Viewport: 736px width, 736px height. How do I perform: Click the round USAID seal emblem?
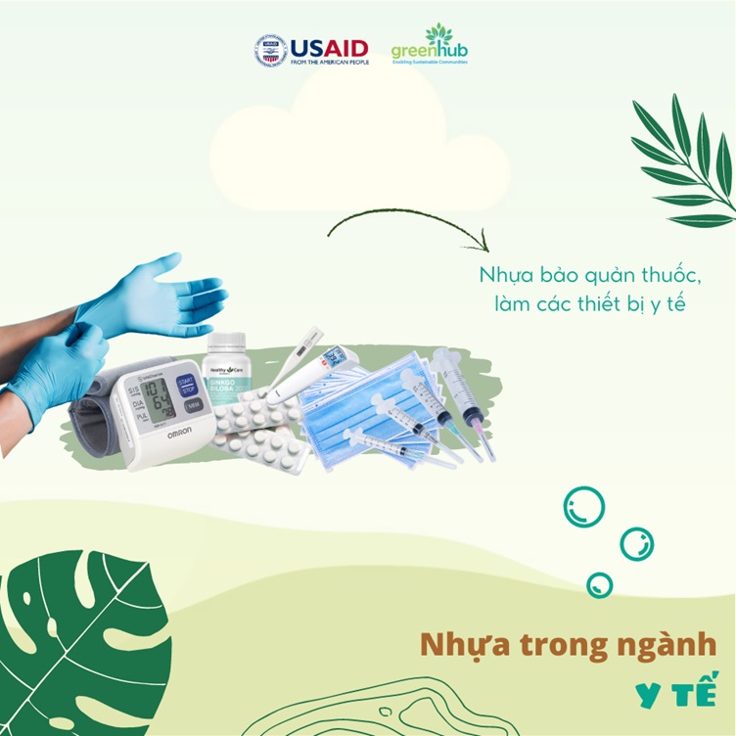[x=269, y=50]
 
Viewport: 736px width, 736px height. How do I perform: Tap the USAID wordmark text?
[x=329, y=46]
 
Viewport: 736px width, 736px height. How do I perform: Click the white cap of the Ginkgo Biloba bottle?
[x=227, y=344]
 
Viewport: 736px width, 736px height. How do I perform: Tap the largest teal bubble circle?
[x=584, y=507]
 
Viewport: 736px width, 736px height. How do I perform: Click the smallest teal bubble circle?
[x=599, y=585]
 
